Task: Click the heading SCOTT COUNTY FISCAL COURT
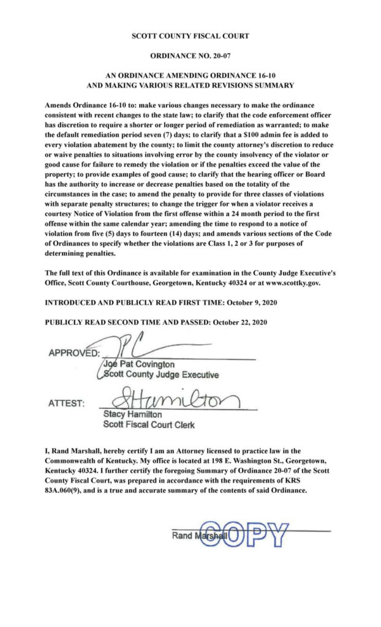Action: (x=190, y=37)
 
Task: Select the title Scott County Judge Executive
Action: (x=160, y=375)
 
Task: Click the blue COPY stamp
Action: (x=244, y=535)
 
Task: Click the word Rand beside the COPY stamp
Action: (x=182, y=536)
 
